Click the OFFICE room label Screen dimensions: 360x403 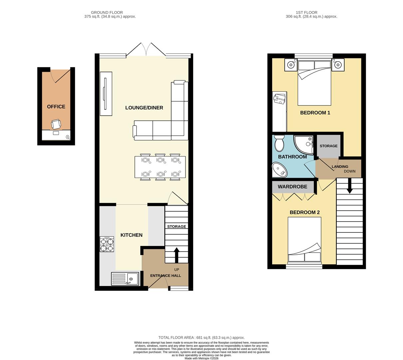tap(56, 107)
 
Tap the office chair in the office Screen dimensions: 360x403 tap(56, 124)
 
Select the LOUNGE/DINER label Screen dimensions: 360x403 tap(144, 108)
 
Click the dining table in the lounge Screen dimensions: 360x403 tap(160, 167)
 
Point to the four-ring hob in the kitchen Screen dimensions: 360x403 tap(107, 244)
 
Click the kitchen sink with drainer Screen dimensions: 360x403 tap(125, 279)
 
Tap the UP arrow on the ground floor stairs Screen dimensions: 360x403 tap(177, 255)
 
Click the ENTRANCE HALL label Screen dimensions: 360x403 tap(166, 276)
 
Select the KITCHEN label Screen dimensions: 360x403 tap(131, 235)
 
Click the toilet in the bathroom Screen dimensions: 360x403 tap(279, 143)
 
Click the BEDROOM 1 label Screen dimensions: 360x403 tap(315, 113)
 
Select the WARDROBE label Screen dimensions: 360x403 tap(292, 187)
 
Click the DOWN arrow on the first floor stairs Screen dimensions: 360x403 tap(349, 186)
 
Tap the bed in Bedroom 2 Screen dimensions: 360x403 tap(304, 239)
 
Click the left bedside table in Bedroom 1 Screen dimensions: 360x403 tap(291, 65)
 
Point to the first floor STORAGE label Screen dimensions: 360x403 tap(328, 146)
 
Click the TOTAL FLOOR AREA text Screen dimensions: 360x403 tap(201, 338)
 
